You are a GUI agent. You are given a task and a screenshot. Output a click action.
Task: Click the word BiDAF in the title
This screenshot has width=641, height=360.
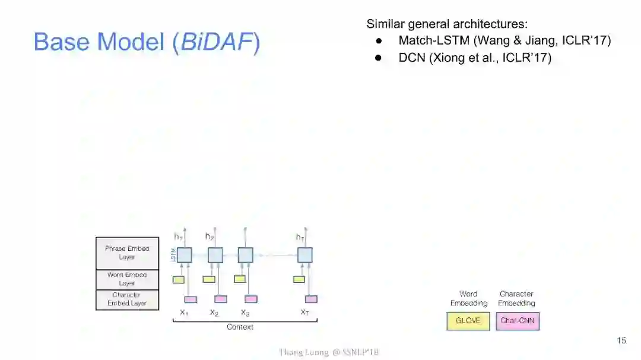tap(216, 42)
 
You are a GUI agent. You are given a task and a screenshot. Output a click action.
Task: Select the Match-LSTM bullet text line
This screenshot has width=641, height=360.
tap(504, 41)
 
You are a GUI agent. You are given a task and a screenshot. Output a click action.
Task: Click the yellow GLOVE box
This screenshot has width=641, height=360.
tap(468, 321)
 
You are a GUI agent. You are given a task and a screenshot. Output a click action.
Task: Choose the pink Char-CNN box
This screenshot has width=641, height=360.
tap(518, 321)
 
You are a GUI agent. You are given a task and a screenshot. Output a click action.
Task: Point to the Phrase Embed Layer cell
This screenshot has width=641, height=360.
tap(127, 253)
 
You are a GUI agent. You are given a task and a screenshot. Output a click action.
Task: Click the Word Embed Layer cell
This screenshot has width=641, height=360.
tap(127, 279)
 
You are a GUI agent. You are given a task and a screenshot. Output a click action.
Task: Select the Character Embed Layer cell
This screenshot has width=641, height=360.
tap(127, 299)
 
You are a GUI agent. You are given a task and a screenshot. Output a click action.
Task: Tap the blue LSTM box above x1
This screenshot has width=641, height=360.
tap(185, 255)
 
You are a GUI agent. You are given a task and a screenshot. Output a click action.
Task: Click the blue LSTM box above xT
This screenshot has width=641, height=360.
tap(305, 255)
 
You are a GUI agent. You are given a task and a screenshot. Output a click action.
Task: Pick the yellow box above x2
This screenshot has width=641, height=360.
tap(209, 279)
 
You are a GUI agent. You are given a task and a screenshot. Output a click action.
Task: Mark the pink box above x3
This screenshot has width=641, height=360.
tap(251, 299)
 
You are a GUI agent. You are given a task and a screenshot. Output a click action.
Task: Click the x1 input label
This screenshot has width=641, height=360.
tap(184, 313)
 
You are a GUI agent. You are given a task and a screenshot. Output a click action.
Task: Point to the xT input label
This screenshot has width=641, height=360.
tap(304, 313)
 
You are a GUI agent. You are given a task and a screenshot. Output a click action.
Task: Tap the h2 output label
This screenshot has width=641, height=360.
tap(210, 237)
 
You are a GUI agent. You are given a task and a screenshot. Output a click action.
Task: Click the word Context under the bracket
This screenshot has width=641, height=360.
tap(240, 327)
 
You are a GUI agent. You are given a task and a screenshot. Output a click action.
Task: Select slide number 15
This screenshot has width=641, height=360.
tap(621, 340)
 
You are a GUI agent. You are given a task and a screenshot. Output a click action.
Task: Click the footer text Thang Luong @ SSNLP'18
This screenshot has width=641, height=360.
tap(329, 352)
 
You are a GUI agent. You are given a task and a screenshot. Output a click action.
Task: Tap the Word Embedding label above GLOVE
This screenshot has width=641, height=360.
tap(468, 298)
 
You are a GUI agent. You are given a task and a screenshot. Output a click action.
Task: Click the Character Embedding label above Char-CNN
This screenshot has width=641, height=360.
tap(516, 298)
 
